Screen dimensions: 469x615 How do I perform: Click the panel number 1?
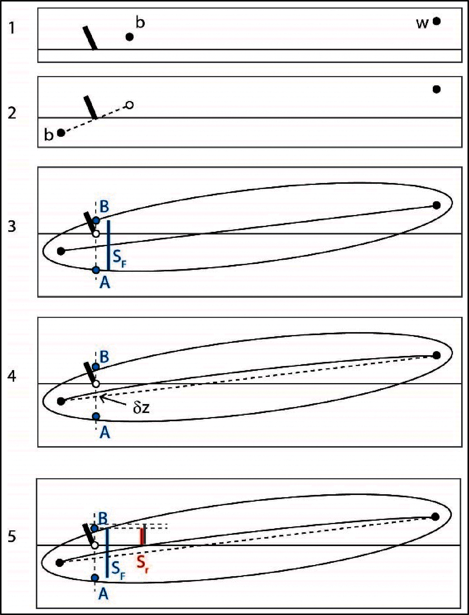pos(12,28)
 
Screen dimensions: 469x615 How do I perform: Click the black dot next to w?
pos(437,21)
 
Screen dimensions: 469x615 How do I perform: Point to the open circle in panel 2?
pos(129,105)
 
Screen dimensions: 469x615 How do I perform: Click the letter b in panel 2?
pos(49,135)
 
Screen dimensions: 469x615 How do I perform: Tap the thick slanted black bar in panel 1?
pos(90,38)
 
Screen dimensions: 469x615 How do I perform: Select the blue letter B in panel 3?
pos(104,207)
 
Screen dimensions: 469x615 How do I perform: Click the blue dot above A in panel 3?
pos(96,270)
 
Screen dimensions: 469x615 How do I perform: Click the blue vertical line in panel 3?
pos(109,245)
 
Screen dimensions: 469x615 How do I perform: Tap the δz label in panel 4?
pos(141,408)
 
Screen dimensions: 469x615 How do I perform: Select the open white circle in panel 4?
pos(96,384)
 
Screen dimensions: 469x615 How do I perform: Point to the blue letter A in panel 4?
pos(105,433)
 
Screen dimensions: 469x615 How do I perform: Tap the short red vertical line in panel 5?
pos(142,537)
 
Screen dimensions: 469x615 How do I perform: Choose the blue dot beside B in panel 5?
pos(95,528)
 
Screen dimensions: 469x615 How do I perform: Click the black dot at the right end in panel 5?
pos(435,517)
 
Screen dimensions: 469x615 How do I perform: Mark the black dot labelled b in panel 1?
pos(129,37)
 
